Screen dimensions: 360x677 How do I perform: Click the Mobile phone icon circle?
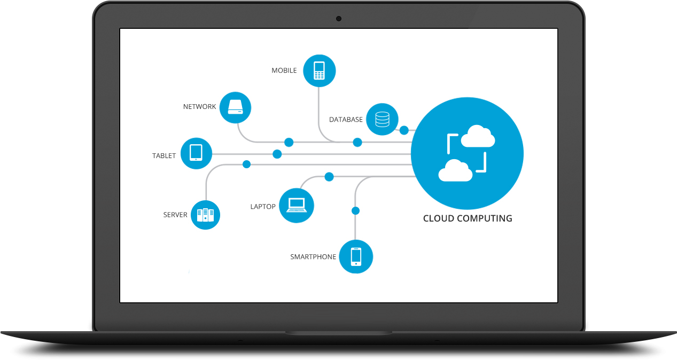point(319,71)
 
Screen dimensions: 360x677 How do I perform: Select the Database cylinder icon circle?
point(383,119)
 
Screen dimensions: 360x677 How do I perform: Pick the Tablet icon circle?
point(196,154)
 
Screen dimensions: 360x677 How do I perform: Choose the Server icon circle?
point(205,215)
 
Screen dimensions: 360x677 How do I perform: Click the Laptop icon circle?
point(297,206)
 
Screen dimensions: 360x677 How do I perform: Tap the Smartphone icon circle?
point(356,256)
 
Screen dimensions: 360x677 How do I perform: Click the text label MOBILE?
point(284,71)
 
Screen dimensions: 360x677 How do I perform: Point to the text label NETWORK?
point(199,107)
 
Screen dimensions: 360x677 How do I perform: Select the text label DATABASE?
point(346,120)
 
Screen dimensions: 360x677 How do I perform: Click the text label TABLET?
point(164,156)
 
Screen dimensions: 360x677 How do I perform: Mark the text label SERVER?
point(175,215)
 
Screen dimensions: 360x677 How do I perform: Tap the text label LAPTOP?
point(263,207)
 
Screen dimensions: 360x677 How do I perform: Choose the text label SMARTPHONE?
point(313,257)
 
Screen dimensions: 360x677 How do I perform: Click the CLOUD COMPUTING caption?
point(468,218)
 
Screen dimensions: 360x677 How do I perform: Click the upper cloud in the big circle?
point(477,137)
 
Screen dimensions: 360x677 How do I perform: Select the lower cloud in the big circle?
point(455,170)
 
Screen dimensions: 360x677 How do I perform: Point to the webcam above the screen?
point(339,19)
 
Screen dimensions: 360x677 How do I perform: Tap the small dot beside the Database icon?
point(404,130)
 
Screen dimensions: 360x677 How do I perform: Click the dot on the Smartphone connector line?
point(355,211)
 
